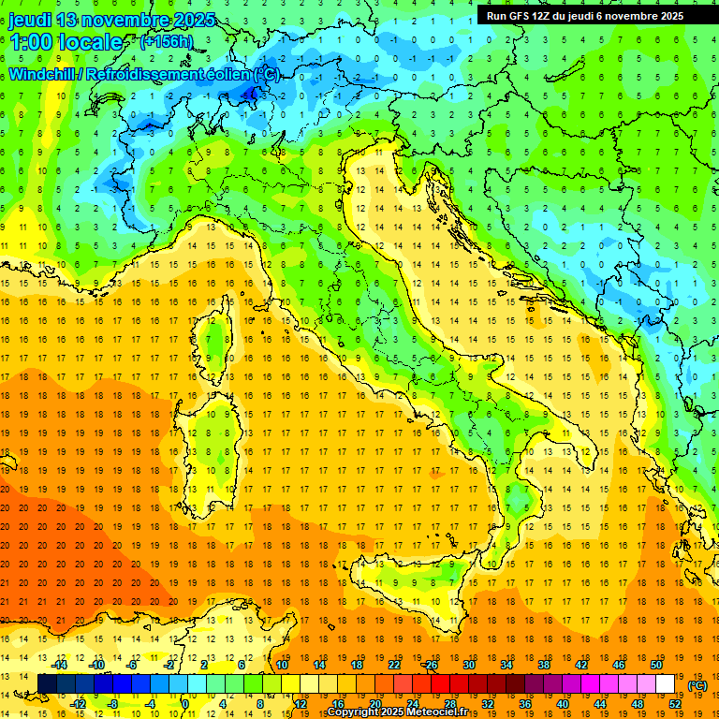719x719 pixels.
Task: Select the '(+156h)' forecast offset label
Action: coord(168,41)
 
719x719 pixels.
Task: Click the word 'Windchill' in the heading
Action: coord(42,74)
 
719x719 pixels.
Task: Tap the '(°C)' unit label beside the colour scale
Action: coord(697,685)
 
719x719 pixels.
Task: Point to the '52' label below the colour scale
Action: coord(675,703)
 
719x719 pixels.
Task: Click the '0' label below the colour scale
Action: coord(185,703)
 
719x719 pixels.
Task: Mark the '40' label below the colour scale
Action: coord(562,703)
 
